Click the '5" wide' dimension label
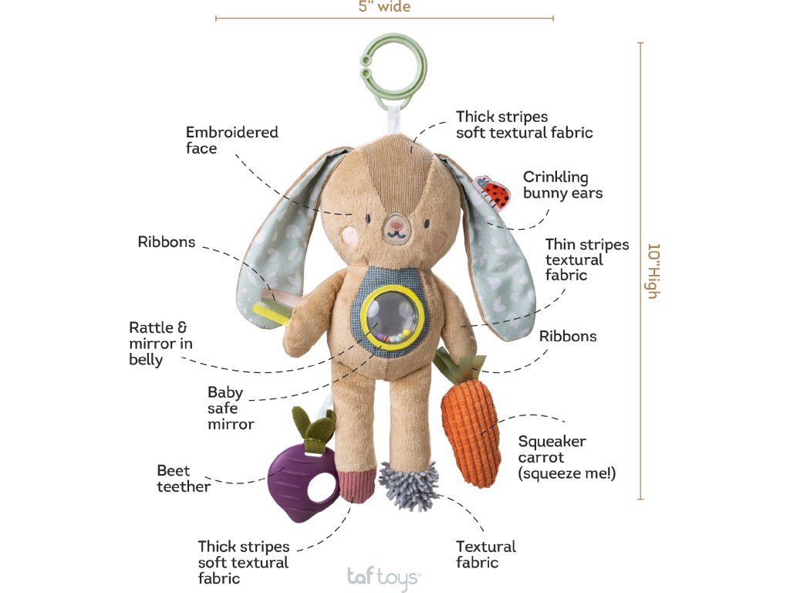coord(384,7)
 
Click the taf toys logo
coord(383,576)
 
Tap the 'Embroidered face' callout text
coord(231,140)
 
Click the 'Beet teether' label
coord(183,478)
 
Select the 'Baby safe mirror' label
coord(230,408)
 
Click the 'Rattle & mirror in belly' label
coord(160,344)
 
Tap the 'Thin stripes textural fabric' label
coord(587,259)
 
